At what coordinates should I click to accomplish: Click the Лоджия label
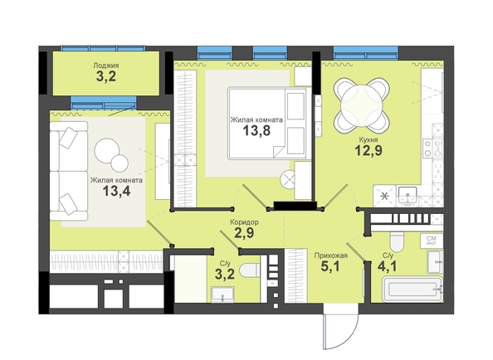106,66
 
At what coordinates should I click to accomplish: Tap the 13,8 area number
256,130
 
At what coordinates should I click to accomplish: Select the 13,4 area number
116,190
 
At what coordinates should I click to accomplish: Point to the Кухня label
369,140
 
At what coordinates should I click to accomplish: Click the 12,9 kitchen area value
369,150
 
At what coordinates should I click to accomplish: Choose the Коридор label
244,222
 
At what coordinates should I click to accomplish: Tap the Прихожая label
331,255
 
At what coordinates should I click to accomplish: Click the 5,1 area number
330,266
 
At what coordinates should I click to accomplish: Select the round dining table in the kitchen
362,106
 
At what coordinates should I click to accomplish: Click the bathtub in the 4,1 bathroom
412,289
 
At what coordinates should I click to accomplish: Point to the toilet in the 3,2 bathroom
250,270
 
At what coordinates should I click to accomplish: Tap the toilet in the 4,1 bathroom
397,242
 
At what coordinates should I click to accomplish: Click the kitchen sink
408,196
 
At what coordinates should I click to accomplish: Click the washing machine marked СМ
432,241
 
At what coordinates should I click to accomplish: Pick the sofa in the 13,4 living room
69,171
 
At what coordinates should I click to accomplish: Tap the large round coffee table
106,150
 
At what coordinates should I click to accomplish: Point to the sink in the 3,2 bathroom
222,294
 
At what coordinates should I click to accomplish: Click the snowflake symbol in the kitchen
384,197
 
